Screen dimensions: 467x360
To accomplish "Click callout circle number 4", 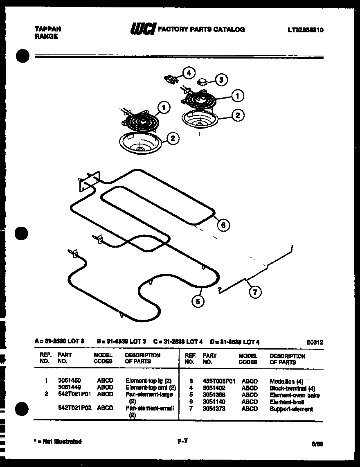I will pos(189,73).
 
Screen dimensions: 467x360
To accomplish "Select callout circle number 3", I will pos(221,80).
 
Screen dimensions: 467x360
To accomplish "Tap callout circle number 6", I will pos(223,225).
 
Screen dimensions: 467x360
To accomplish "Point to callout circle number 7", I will pos(255,292).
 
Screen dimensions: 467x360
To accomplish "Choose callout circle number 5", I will pos(198,302).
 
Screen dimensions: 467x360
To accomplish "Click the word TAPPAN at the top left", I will pos(47,29).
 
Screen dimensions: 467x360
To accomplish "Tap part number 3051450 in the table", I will pos(69,380).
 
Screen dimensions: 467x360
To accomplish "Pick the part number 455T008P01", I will pos(219,381).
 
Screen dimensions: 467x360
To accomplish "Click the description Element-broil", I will pos(287,402).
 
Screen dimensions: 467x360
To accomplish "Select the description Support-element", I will pos(291,409).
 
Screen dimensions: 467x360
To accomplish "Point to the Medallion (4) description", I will pos(286,381).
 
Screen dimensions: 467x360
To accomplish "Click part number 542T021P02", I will pos(74,408).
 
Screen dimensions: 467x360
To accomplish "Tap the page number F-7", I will pos(182,441).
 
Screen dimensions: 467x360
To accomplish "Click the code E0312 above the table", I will pos(314,342).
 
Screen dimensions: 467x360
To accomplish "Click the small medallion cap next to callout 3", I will pos(202,82).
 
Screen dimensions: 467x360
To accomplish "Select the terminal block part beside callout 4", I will pos(171,78).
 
